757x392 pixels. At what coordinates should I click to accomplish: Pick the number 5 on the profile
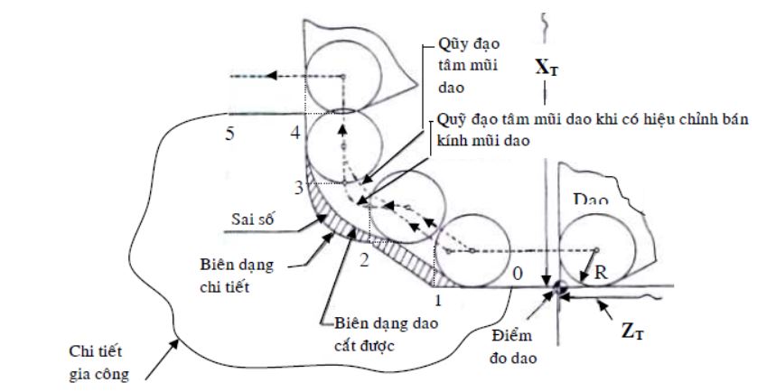232,134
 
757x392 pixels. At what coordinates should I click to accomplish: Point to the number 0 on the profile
516,272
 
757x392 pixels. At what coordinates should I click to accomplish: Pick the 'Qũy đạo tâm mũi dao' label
463,65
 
